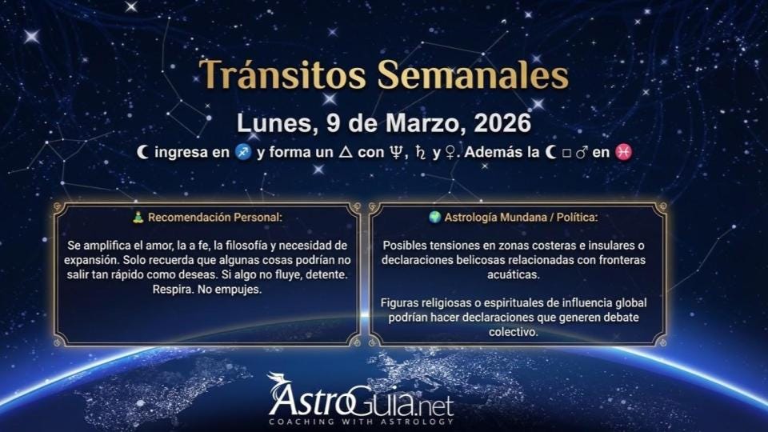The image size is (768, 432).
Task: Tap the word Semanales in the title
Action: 472,75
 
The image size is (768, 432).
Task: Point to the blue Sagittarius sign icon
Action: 244,153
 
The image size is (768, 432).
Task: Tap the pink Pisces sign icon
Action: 625,153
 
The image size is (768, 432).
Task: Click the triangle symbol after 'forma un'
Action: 345,153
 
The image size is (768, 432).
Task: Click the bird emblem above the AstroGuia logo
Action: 278,382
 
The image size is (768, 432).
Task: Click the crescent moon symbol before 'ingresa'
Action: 143,153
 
